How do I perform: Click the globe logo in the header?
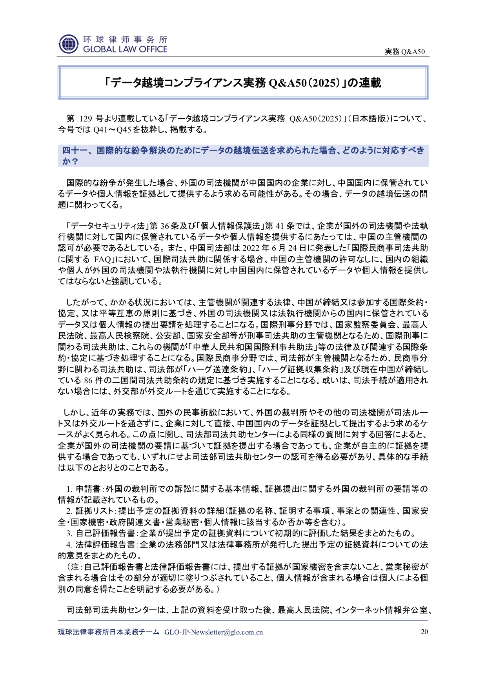pos(69,44)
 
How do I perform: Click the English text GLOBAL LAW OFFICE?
pos(125,49)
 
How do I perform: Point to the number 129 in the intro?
pos(86,119)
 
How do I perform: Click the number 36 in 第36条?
pos(164,226)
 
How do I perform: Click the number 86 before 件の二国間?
pos(88,380)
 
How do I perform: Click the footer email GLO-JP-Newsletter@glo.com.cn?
pos(213,632)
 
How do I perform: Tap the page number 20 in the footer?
pos(424,632)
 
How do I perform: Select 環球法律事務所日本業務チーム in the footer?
pos(109,632)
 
